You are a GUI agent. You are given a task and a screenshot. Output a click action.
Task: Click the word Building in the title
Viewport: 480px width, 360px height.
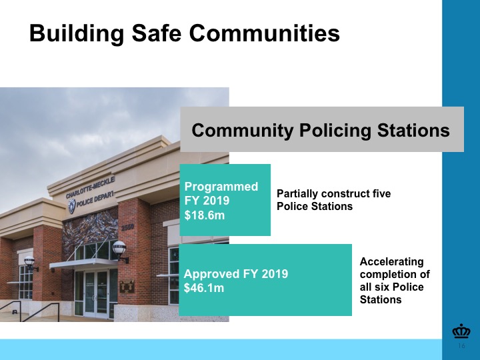pyautogui.click(x=77, y=34)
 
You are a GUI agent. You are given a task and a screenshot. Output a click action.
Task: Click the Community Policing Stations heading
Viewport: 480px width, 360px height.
pyautogui.click(x=321, y=130)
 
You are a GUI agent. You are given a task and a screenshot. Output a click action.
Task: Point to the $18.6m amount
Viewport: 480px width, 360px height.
pyautogui.click(x=205, y=215)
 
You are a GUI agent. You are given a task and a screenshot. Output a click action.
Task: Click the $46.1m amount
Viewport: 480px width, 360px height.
pyautogui.click(x=204, y=288)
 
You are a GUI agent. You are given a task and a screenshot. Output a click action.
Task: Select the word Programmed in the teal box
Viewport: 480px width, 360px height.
pyautogui.click(x=221, y=187)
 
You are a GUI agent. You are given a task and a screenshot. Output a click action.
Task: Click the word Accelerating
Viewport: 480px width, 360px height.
pyautogui.click(x=391, y=262)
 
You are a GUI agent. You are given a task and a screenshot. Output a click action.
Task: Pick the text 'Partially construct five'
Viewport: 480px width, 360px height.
pyautogui.click(x=334, y=193)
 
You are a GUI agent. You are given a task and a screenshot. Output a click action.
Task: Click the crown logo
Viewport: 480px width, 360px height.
pyautogui.click(x=461, y=331)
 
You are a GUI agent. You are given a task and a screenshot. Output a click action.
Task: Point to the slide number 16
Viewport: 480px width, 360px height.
pyautogui.click(x=461, y=346)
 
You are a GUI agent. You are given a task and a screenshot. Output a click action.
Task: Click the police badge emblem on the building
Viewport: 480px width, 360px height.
pyautogui.click(x=71, y=206)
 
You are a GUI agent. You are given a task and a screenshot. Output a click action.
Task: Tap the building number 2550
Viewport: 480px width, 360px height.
pyautogui.click(x=127, y=228)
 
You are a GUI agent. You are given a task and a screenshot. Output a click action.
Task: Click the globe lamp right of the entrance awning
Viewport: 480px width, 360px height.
pyautogui.click(x=119, y=249)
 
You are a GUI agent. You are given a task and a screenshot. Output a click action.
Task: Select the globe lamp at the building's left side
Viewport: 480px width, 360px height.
pyautogui.click(x=30, y=262)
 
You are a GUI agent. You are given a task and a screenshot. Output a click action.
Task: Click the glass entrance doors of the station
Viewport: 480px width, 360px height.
pyautogui.click(x=97, y=294)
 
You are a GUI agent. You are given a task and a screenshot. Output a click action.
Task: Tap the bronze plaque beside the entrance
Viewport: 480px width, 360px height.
pyautogui.click(x=127, y=286)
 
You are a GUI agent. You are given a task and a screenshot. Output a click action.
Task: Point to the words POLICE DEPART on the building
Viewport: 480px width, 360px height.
pyautogui.click(x=95, y=199)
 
